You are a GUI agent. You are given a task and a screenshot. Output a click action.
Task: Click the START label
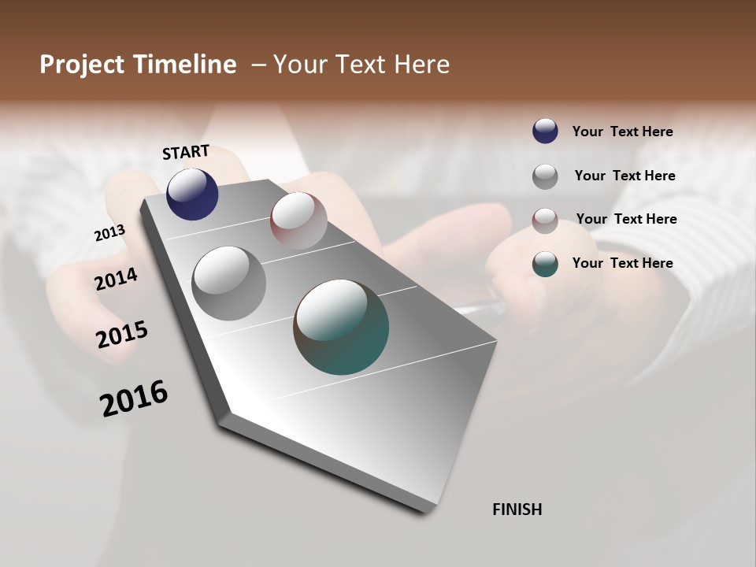point(186,152)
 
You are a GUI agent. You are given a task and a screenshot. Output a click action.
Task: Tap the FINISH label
point(517,510)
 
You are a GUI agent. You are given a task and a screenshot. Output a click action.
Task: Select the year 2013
point(109,233)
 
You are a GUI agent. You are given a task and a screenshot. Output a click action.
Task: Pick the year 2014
point(116,279)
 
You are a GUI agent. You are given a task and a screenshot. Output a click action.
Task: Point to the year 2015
point(122,335)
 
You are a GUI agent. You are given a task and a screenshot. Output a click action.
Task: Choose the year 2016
point(134,398)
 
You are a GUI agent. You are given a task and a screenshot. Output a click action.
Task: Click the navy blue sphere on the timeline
point(192,195)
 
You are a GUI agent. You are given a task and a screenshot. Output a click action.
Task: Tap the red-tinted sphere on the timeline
point(298,220)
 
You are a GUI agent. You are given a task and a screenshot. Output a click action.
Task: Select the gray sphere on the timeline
point(228,283)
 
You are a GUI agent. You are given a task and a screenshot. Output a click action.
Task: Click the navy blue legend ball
point(545,131)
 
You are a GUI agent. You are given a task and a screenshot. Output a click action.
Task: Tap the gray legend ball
point(545,176)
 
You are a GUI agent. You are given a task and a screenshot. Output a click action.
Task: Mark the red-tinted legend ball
point(545,220)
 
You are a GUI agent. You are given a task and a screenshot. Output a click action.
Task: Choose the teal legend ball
point(545,264)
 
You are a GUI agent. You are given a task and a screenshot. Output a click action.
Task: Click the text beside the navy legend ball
point(622,132)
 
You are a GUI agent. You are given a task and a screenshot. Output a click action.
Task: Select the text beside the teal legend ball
point(622,263)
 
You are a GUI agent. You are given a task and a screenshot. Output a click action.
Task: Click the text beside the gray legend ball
point(624,176)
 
